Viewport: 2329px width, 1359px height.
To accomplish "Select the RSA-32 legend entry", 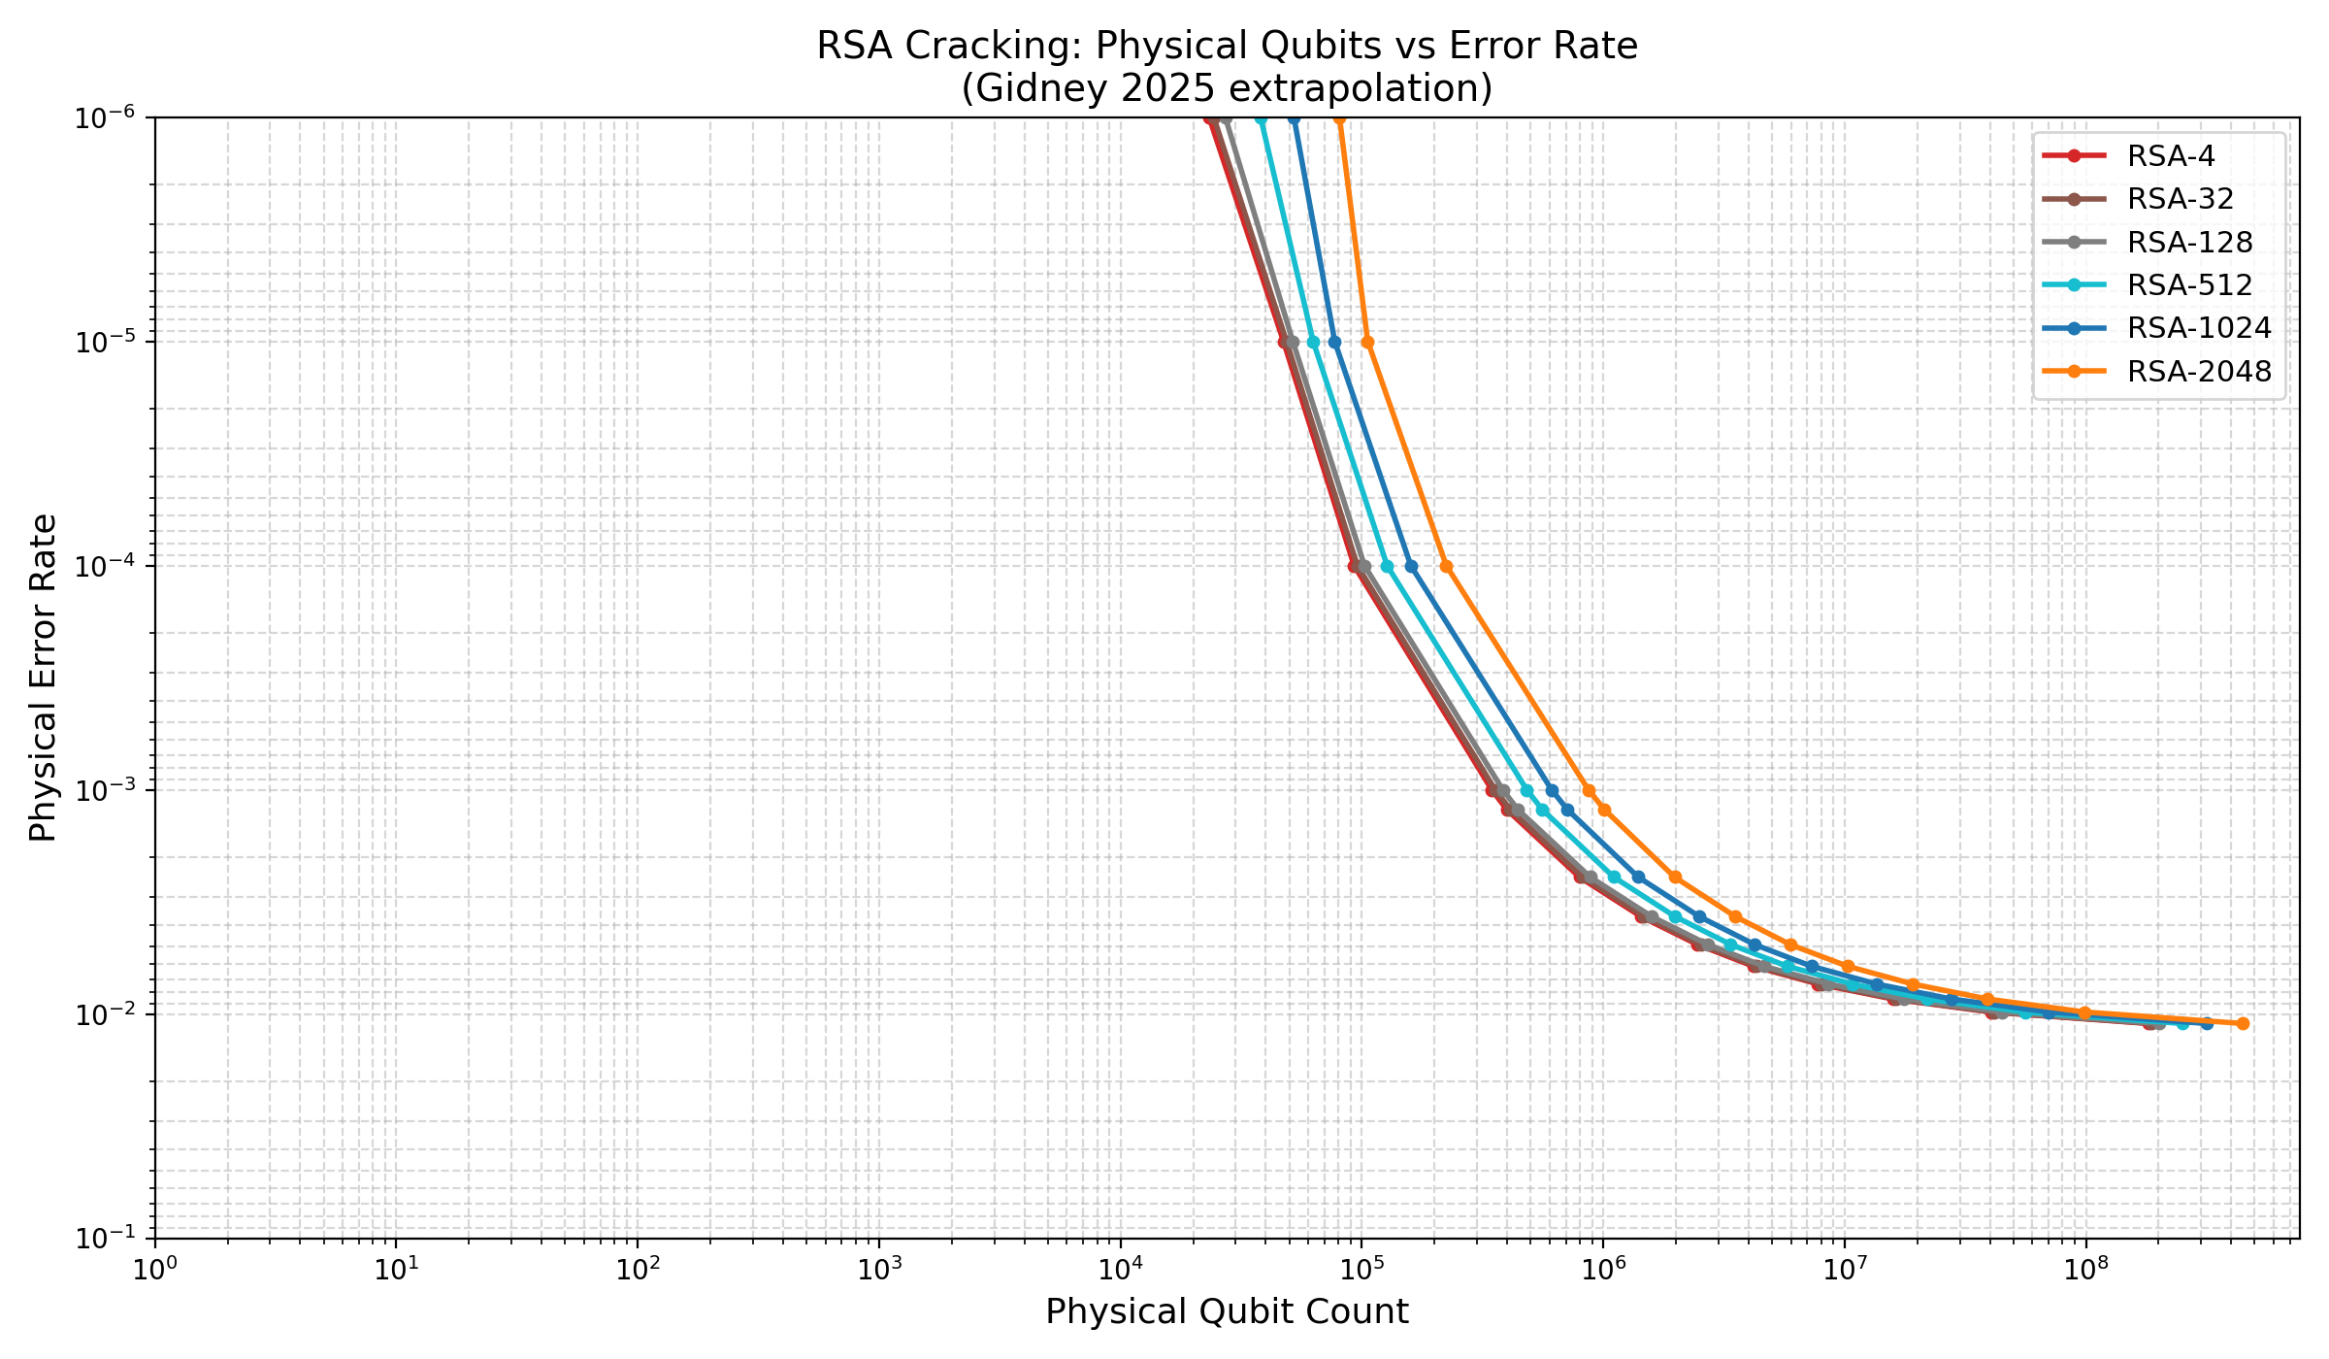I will click(x=2180, y=199).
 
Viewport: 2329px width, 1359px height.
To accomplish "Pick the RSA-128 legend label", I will click(x=2189, y=242).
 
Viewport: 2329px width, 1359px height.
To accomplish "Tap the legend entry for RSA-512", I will click(x=2189, y=285).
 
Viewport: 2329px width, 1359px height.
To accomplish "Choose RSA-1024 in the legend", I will click(x=2199, y=328).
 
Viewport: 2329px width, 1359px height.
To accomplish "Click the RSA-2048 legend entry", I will click(x=2199, y=372).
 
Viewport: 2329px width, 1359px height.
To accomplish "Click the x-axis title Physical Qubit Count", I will click(x=1227, y=1312).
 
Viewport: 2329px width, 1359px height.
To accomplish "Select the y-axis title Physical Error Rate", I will click(x=44, y=678).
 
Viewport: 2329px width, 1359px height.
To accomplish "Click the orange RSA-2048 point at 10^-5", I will click(x=1367, y=342).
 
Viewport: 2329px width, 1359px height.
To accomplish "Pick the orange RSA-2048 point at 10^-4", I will click(x=1446, y=566).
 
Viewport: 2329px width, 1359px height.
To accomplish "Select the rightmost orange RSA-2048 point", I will click(x=2243, y=1023).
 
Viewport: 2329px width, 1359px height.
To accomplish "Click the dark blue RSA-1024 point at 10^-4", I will click(x=1411, y=566).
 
